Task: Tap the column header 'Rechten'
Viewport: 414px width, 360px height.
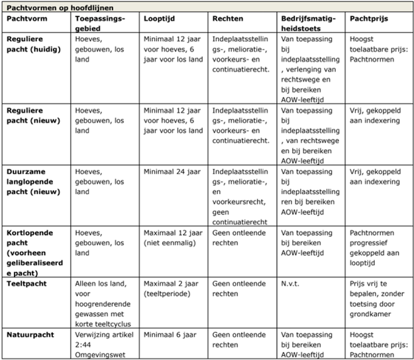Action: pos(229,19)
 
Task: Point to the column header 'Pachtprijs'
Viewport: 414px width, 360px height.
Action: pos(369,19)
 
